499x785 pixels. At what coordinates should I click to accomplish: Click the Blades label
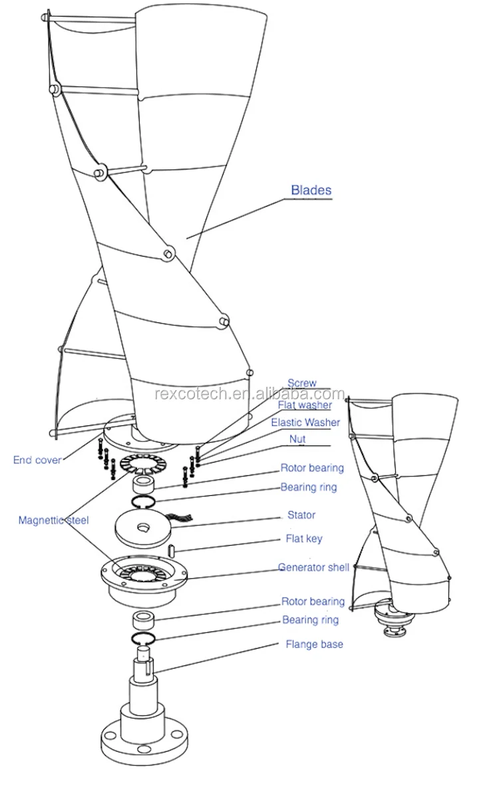[x=311, y=190]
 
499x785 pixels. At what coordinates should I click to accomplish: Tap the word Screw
[x=302, y=384]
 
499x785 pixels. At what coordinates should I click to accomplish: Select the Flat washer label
[x=305, y=405]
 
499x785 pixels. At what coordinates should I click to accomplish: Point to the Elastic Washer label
[x=305, y=423]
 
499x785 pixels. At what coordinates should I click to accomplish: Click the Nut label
[x=297, y=439]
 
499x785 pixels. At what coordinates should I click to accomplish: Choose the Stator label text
[x=301, y=515]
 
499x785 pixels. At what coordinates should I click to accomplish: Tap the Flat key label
[x=304, y=539]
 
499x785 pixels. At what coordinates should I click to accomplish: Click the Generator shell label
[x=313, y=568]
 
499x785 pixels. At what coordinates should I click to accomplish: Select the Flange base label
[x=315, y=644]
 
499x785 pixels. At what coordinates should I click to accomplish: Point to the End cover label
[x=37, y=460]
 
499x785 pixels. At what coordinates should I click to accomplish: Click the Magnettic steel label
[x=54, y=520]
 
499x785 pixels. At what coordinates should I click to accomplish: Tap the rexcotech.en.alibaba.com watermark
[x=249, y=394]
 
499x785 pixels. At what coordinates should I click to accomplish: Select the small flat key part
[x=172, y=549]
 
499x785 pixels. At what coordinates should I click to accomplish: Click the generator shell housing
[x=144, y=582]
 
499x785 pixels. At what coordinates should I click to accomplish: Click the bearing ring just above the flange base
[x=143, y=638]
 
